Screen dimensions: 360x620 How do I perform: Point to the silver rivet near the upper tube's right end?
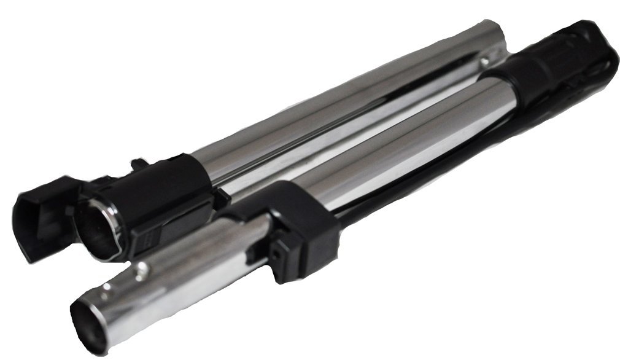pyautogui.click(x=484, y=60)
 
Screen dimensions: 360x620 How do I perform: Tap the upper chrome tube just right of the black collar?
pyautogui.click(x=258, y=154)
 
